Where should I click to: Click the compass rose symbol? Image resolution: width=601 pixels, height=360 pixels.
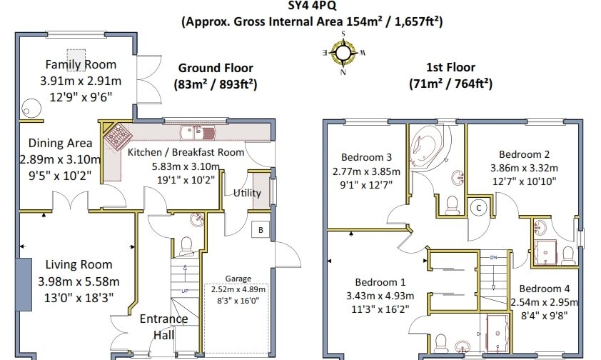[343, 53]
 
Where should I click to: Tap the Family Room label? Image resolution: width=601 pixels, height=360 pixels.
[81, 64]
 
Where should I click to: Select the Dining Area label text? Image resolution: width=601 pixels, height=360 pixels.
[60, 143]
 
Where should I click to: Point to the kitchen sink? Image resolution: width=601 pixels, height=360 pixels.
[198, 133]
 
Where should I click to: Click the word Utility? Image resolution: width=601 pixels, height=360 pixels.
[247, 193]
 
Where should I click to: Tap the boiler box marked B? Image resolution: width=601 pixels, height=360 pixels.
[261, 230]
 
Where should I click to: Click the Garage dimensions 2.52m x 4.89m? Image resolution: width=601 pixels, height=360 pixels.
[238, 289]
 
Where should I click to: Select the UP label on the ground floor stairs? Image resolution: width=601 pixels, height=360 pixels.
[185, 291]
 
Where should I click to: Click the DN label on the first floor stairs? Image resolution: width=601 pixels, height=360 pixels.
[494, 257]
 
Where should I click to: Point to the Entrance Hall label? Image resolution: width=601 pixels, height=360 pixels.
[163, 326]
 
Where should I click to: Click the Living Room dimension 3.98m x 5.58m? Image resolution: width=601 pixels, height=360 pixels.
[79, 281]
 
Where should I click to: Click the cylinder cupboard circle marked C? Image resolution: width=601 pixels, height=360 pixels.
[478, 208]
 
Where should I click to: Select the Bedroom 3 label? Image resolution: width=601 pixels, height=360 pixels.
[366, 157]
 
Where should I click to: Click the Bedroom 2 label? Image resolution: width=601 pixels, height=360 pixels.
[525, 154]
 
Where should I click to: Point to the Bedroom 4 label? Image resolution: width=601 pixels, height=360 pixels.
[545, 289]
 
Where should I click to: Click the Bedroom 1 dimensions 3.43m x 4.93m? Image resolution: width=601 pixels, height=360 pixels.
[380, 296]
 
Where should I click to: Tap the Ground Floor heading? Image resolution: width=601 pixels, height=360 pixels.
[216, 69]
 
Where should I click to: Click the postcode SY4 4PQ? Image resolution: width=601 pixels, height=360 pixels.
[313, 6]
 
